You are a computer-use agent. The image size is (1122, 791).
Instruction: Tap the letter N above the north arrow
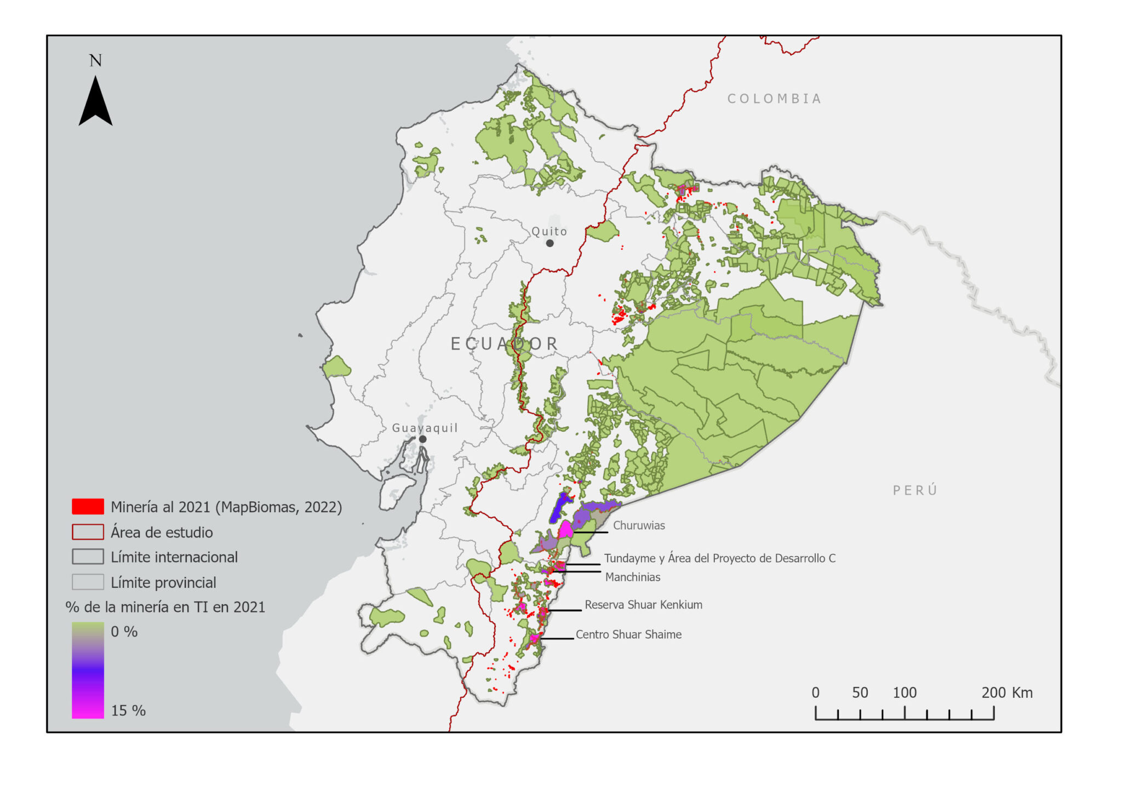click(96, 60)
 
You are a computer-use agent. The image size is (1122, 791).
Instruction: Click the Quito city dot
click(549, 243)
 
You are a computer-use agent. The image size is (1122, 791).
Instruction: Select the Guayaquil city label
click(425, 428)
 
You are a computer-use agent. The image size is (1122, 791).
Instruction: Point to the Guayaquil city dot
click(422, 439)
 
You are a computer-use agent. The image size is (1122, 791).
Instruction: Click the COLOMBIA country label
click(774, 99)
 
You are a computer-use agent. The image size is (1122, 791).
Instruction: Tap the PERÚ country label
click(915, 490)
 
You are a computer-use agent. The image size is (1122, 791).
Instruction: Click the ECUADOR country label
click(504, 344)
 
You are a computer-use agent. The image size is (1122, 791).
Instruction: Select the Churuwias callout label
click(639, 525)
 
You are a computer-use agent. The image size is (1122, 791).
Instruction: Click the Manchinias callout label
click(633, 577)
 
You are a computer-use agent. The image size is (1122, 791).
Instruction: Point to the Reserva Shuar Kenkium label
click(643, 605)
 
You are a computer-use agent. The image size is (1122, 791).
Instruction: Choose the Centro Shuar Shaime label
click(628, 634)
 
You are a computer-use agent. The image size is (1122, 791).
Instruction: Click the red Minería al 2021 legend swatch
click(88, 507)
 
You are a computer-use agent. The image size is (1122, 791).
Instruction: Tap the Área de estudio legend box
click(88, 532)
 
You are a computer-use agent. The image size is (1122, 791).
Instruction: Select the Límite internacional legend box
click(88, 557)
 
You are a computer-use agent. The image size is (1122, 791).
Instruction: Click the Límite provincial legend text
click(163, 582)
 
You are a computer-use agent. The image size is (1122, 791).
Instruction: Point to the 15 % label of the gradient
click(128, 710)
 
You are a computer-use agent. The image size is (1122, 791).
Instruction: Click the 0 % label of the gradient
click(124, 632)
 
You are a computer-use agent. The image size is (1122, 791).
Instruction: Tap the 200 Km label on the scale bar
click(1006, 692)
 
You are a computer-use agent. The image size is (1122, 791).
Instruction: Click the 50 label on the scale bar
click(860, 692)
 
